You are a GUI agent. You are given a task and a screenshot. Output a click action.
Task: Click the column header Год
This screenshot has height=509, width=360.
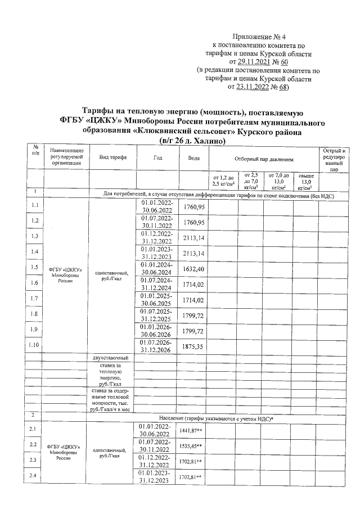pos(157,157)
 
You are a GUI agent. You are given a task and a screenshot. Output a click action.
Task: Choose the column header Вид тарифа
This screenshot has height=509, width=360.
pos(112,157)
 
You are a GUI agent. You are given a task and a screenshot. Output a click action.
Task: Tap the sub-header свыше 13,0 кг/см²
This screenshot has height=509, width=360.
pos(306,181)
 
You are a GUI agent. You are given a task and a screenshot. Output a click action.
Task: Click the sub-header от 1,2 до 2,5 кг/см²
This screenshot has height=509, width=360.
pos(223,181)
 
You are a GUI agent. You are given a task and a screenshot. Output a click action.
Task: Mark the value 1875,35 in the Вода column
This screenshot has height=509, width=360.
pos(193,348)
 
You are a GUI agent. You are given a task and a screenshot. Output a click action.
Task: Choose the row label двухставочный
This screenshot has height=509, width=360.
pos(111,358)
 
